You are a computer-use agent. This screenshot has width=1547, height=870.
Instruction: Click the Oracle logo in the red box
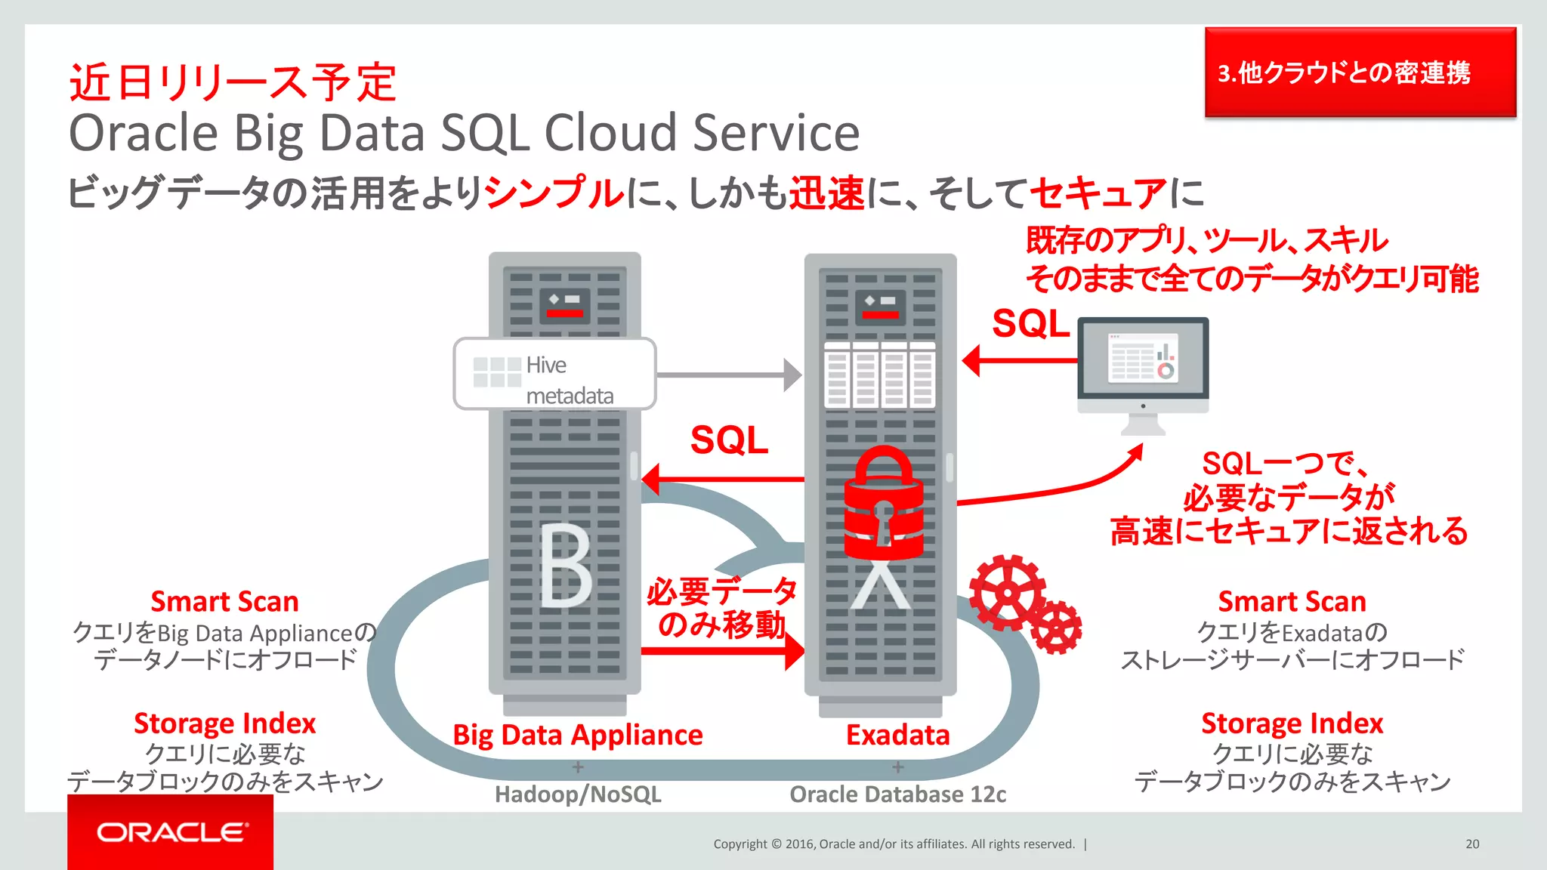pos(171,832)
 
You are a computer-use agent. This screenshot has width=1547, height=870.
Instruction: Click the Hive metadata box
pos(554,375)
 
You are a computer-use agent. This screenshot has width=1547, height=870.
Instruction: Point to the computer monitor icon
pos(1143,367)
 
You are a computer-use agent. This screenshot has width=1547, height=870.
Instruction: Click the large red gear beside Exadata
pos(1008,593)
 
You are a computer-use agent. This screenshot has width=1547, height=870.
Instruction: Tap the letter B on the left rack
pos(566,566)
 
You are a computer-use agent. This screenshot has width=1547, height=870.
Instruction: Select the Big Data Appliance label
pos(577,735)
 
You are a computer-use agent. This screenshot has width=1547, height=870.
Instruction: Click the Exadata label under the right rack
pos(897,735)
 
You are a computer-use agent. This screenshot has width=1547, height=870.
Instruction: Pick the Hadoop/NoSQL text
pos(578,794)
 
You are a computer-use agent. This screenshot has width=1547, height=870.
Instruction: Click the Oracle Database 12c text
pos(897,794)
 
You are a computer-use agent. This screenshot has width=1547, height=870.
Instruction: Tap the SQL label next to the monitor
pos(1030,324)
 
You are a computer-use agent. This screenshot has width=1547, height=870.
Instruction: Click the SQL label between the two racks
pos(729,440)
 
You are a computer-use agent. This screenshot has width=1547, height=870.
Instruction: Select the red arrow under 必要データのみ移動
pos(721,650)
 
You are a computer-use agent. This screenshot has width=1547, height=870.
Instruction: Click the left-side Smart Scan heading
pos(224,602)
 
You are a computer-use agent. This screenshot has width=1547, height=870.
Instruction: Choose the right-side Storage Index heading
pos(1292,723)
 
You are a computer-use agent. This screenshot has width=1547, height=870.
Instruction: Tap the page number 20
pos(1472,844)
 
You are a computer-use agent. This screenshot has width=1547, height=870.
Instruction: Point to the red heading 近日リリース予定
pos(233,82)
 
